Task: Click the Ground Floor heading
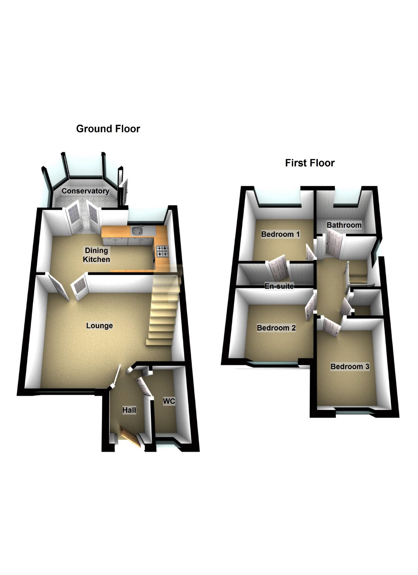point(108,129)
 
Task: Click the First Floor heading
point(310,163)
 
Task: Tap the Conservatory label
point(85,191)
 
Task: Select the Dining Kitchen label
point(96,255)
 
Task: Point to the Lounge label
point(99,325)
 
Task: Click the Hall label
point(129,410)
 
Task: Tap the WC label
point(169,401)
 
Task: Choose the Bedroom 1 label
point(280,234)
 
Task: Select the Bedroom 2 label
point(276,328)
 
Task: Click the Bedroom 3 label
point(350,367)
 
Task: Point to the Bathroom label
point(344,225)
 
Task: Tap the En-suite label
point(279,286)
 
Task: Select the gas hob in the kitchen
point(162,251)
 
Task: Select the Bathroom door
point(334,242)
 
